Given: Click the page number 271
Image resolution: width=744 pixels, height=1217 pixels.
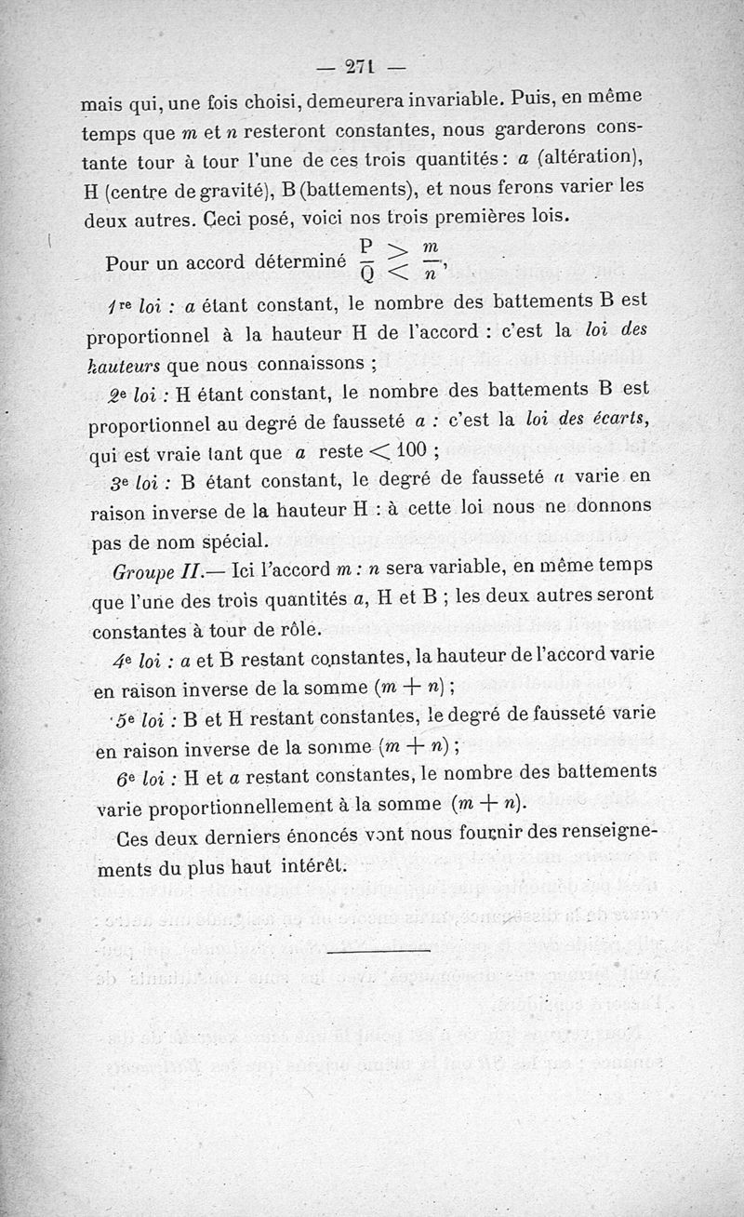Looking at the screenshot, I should pyautogui.click(x=358, y=66).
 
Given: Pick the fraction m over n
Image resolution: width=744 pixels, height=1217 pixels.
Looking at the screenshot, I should pyautogui.click(x=429, y=260).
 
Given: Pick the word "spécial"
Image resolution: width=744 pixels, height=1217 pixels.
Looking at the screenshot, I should pyautogui.click(x=226, y=540).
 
